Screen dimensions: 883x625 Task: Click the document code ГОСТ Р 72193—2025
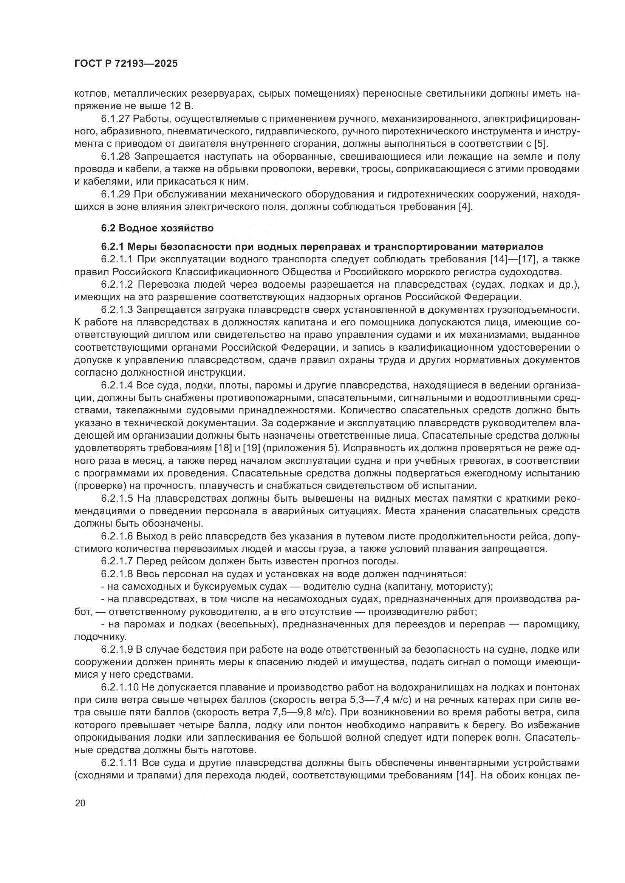point(126,64)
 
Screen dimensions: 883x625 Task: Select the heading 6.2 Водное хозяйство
point(157,228)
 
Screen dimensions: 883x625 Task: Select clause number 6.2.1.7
point(119,561)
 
